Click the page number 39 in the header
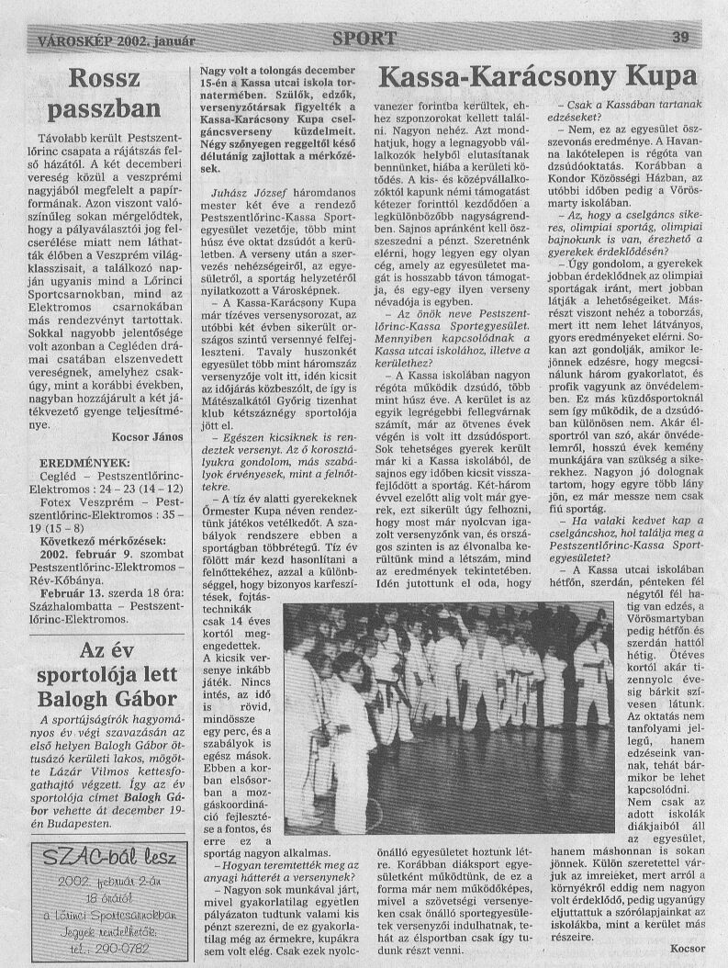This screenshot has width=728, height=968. tap(680, 38)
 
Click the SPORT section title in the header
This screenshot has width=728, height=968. tap(364, 39)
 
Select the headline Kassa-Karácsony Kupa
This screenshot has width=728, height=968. tap(537, 74)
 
